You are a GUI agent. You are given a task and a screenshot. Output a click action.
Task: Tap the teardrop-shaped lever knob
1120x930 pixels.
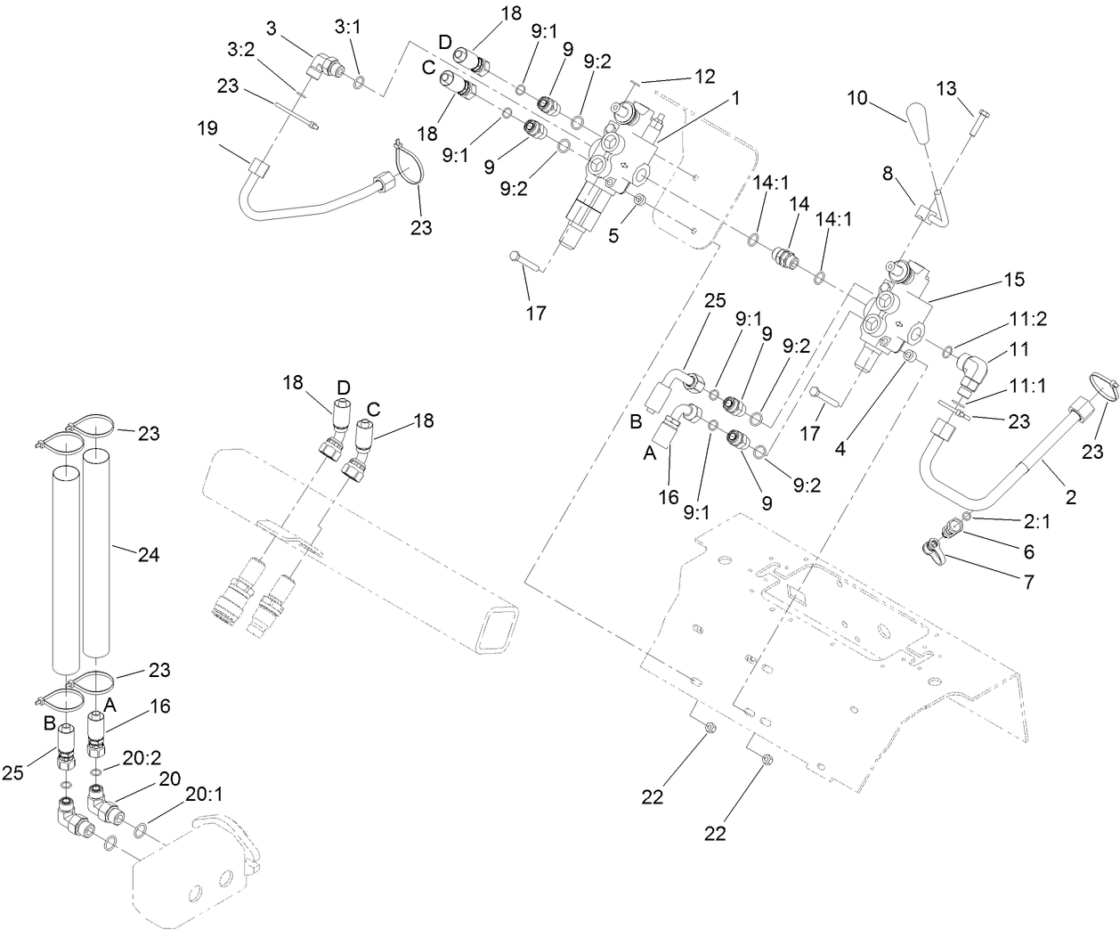pyautogui.click(x=919, y=117)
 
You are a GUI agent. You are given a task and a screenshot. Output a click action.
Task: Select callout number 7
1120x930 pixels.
pyautogui.click(x=1029, y=583)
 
